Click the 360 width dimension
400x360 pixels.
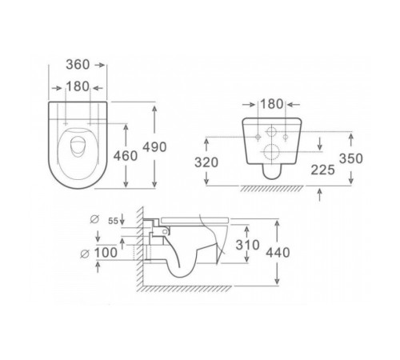click(x=78, y=65)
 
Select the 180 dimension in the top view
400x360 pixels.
click(x=78, y=86)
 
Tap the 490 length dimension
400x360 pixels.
click(x=154, y=147)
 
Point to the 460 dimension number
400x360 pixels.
click(x=126, y=156)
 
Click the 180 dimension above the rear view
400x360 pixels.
click(x=271, y=104)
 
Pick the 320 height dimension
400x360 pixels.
click(x=206, y=162)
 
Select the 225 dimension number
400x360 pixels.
click(x=322, y=170)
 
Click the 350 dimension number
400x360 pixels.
click(x=351, y=158)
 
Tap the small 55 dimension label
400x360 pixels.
click(x=113, y=221)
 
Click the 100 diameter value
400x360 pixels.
click(x=106, y=253)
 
